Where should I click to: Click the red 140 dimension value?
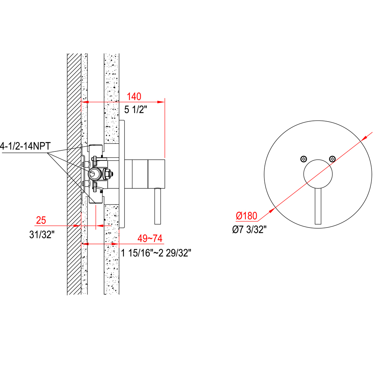click(x=134, y=97)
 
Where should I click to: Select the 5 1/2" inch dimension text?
click(x=136, y=110)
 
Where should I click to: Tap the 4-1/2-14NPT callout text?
click(x=25, y=146)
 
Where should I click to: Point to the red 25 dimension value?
click(x=41, y=220)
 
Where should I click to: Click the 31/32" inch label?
click(x=42, y=235)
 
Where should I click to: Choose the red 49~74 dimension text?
click(x=150, y=238)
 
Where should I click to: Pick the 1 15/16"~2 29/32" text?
click(x=156, y=253)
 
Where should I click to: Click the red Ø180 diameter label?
click(x=247, y=216)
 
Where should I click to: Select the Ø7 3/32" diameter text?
click(x=249, y=229)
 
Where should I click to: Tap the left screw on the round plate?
click(x=304, y=159)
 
